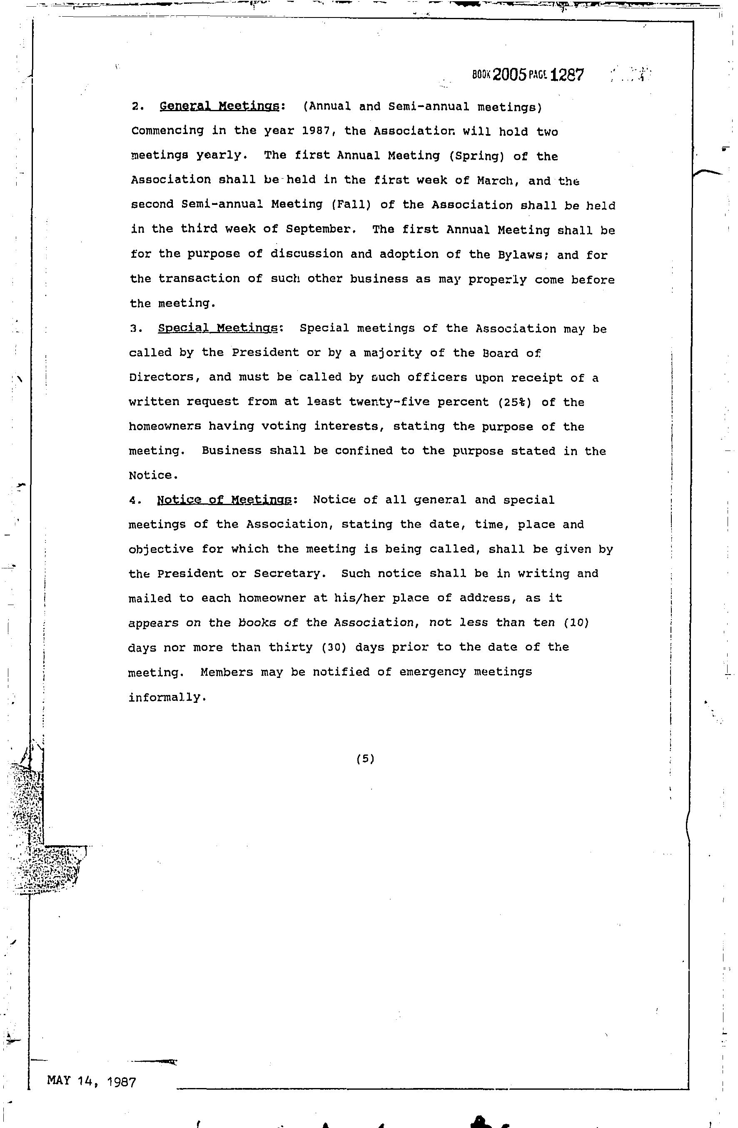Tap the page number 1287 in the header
coord(567,75)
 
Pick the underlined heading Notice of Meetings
coord(224,500)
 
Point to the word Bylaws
coord(523,254)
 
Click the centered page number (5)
coord(365,759)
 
